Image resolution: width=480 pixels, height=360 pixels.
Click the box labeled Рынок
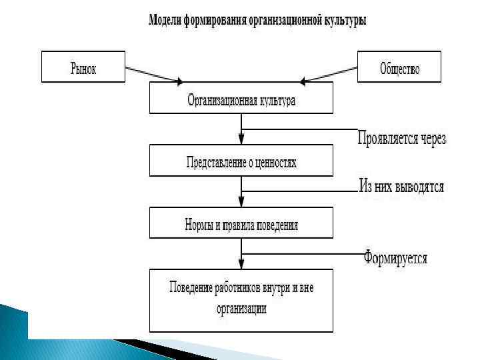pyautogui.click(x=83, y=67)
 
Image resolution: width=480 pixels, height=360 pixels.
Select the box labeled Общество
pyautogui.click(x=399, y=67)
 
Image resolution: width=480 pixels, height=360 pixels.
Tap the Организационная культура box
pyautogui.click(x=241, y=101)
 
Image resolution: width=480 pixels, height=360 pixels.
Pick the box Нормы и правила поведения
pyautogui.click(x=241, y=224)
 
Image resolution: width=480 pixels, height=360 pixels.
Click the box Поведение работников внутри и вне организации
pyautogui.click(x=241, y=299)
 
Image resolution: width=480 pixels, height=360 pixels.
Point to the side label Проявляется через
pyautogui.click(x=401, y=139)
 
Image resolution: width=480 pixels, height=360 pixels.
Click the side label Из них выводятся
pyautogui.click(x=401, y=187)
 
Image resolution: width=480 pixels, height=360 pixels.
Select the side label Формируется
pyautogui.click(x=395, y=257)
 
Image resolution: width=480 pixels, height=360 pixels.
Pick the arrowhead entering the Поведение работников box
pyautogui.click(x=241, y=264)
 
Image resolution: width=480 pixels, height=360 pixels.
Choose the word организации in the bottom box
pyautogui.click(x=241, y=309)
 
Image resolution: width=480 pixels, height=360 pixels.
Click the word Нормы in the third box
pyautogui.click(x=198, y=225)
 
